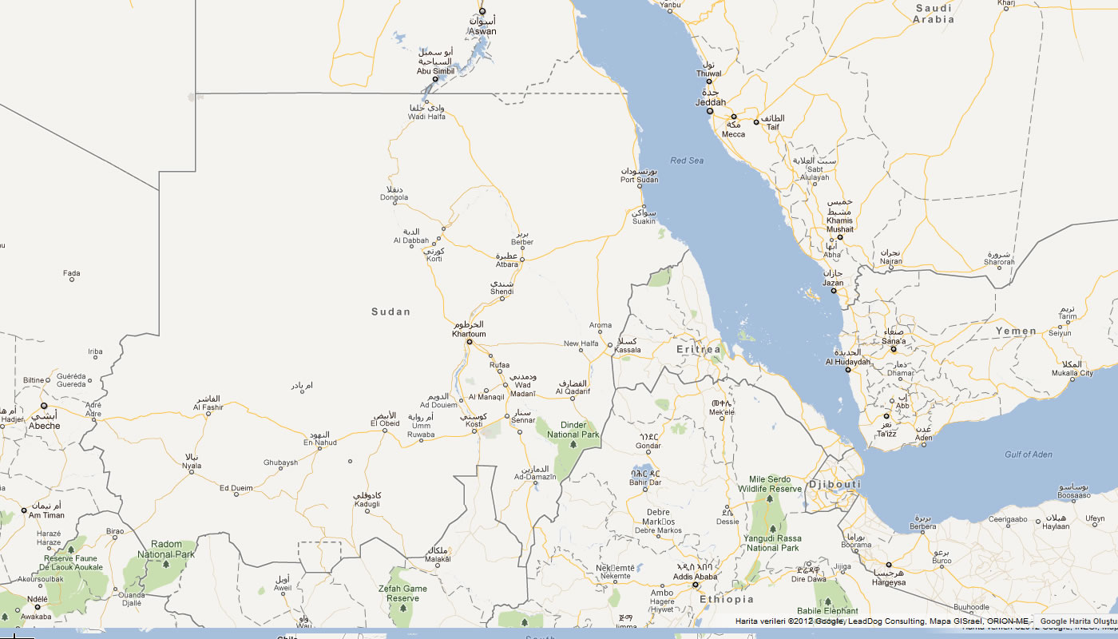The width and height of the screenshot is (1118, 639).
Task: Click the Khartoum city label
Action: (469, 334)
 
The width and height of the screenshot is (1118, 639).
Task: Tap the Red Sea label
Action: (687, 161)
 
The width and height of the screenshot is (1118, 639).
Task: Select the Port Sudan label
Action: (639, 179)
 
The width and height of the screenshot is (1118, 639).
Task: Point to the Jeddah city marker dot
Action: (709, 111)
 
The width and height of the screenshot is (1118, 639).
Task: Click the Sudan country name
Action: (391, 312)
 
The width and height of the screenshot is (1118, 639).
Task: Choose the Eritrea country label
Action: (699, 350)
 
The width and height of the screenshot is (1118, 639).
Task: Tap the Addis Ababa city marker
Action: (696, 585)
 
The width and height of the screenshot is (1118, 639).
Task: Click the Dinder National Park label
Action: (573, 430)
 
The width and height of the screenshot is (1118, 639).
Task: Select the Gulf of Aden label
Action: (1029, 454)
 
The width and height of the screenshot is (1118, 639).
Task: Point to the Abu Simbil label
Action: (435, 71)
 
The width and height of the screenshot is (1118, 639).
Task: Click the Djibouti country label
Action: (835, 485)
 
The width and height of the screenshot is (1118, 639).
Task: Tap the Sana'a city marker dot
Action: (894, 349)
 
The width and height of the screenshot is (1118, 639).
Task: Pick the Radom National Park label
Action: (166, 549)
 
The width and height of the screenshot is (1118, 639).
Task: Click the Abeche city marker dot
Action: (44, 406)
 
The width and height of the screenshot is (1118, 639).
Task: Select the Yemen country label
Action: (1016, 331)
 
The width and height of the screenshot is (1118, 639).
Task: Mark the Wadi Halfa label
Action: (426, 117)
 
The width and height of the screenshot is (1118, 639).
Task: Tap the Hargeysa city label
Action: (889, 582)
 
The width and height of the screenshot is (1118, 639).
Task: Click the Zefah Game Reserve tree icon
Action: (402, 608)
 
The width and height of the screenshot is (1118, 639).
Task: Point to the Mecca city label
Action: (733, 133)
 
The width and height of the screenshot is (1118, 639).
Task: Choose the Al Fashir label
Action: (208, 407)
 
